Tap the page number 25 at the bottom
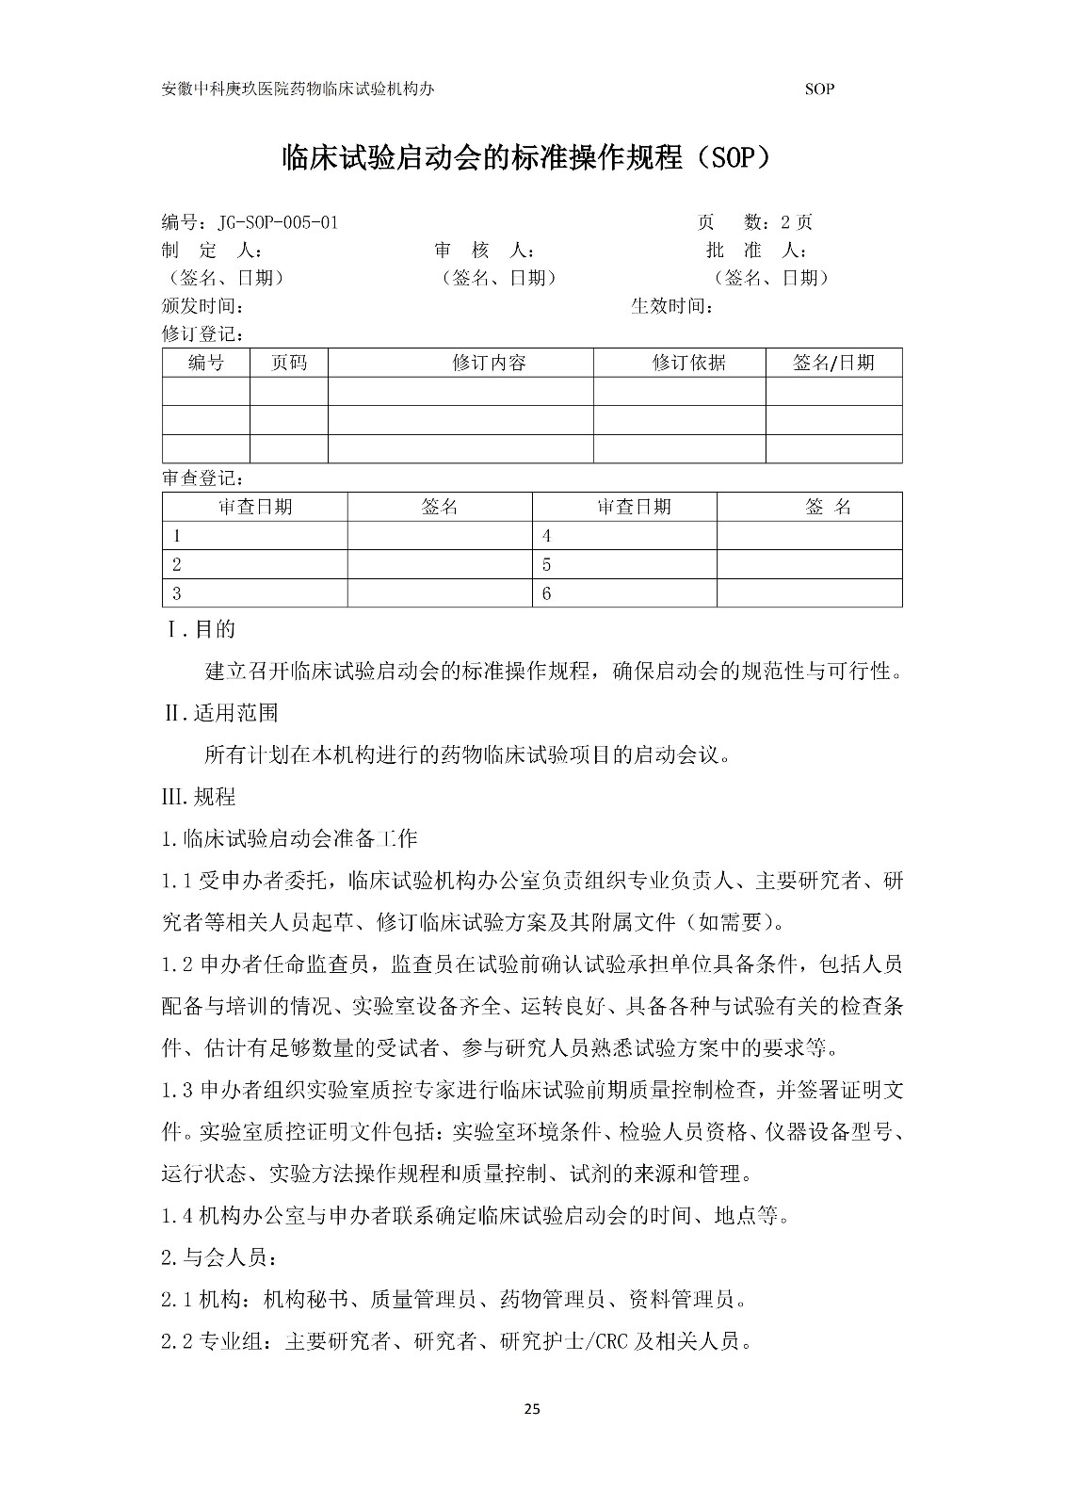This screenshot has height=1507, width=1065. pyautogui.click(x=532, y=1410)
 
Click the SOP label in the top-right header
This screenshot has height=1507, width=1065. pyautogui.click(x=820, y=89)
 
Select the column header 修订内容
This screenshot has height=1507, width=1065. pyautogui.click(x=489, y=364)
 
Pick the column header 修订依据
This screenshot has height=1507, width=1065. pyautogui.click(x=688, y=364)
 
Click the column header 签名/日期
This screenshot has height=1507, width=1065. pyautogui.click(x=833, y=364)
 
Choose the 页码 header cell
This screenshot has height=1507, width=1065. pyautogui.click(x=288, y=364)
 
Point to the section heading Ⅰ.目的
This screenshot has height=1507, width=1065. pyautogui.click(x=201, y=629)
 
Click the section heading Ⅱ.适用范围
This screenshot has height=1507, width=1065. pyautogui.click(x=221, y=713)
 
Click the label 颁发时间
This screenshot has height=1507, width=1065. pyautogui.click(x=203, y=307)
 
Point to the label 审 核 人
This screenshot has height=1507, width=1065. pyautogui.click(x=484, y=251)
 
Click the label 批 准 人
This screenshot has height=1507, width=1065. pyautogui.click(x=755, y=251)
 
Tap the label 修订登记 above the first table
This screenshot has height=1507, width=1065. pyautogui.click(x=203, y=334)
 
